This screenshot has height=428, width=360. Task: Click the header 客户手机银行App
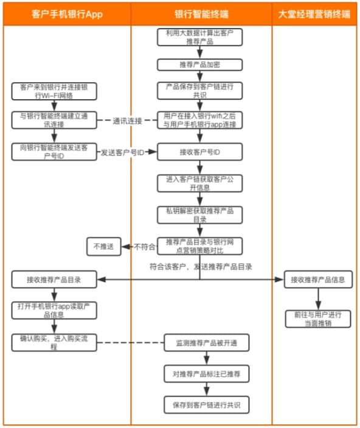[x=66, y=15]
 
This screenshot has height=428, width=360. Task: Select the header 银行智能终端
[x=201, y=15]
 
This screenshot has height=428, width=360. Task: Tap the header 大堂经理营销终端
[x=314, y=15]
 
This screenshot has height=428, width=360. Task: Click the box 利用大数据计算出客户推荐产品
[x=200, y=38]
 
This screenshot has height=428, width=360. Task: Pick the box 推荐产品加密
[x=200, y=65]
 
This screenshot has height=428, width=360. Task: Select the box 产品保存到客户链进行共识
[x=200, y=90]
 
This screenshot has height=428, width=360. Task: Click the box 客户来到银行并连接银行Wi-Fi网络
[x=54, y=91]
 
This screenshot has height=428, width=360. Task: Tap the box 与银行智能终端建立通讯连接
[x=54, y=120]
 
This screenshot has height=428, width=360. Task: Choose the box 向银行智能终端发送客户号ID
[x=54, y=152]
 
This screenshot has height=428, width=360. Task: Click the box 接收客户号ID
[x=200, y=152]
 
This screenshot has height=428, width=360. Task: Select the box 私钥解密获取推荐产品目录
[x=200, y=214]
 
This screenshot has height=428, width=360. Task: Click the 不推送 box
[x=103, y=246]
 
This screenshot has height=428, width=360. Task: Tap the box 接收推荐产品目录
[x=54, y=280]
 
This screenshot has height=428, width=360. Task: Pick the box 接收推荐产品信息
[x=318, y=280]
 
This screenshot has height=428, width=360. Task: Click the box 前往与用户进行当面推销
[x=318, y=319]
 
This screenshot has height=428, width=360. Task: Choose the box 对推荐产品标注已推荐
[x=200, y=373]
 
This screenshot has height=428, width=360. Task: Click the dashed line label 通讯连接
[x=127, y=120]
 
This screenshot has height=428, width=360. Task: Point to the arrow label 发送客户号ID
[x=122, y=153]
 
